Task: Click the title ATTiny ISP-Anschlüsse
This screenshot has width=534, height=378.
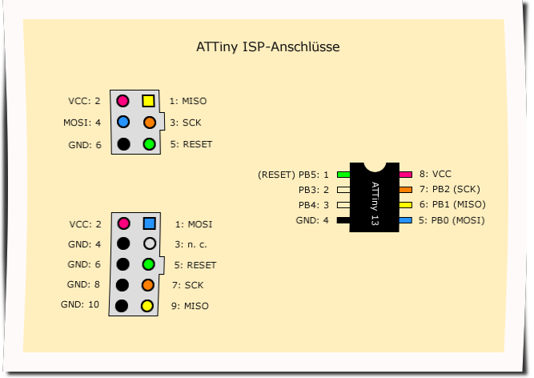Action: click(268, 47)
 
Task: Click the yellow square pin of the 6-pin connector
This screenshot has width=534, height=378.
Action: click(149, 101)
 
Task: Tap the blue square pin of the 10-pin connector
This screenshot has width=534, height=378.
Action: click(148, 224)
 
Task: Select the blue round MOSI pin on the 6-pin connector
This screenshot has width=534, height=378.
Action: click(123, 123)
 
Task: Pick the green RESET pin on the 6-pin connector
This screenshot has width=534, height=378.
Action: click(149, 144)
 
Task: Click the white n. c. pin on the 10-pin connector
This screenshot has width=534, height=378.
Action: click(148, 243)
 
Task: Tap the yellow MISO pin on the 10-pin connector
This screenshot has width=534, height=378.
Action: click(147, 305)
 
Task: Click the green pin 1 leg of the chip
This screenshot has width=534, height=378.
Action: click(343, 174)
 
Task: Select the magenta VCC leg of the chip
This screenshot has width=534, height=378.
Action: click(406, 174)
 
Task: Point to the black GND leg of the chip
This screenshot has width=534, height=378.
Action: click(343, 219)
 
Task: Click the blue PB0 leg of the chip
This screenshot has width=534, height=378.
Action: click(406, 219)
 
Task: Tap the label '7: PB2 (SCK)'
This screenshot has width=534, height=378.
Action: click(449, 189)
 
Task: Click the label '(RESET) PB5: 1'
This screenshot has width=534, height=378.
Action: click(294, 174)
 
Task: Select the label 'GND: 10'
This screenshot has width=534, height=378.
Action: click(81, 304)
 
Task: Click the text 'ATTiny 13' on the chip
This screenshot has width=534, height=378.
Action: click(375, 203)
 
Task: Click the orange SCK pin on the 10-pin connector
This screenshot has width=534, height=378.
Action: click(147, 284)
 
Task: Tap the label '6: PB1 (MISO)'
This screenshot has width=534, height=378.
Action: click(452, 204)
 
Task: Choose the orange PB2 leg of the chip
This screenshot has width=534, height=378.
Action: click(406, 189)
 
